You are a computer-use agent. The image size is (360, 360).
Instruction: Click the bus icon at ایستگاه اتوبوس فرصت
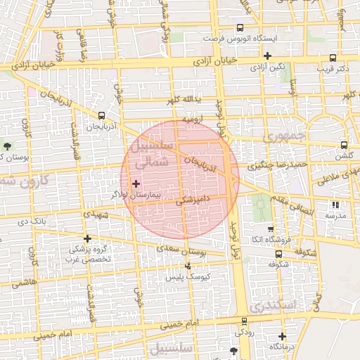point(240,28)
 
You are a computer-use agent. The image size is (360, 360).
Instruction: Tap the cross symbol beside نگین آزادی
point(267,56)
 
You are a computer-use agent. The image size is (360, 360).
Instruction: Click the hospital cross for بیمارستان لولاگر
point(136,183)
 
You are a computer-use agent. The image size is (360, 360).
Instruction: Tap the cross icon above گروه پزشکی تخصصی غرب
point(87,238)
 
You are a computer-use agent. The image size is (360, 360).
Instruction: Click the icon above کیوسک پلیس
point(188,266)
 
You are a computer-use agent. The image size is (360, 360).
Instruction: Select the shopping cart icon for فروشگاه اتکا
point(271,229)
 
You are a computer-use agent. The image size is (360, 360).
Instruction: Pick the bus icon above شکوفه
point(278,254)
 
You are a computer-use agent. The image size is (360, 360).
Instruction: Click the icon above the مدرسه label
point(335,205)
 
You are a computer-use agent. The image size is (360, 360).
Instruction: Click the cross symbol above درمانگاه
point(282,336)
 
